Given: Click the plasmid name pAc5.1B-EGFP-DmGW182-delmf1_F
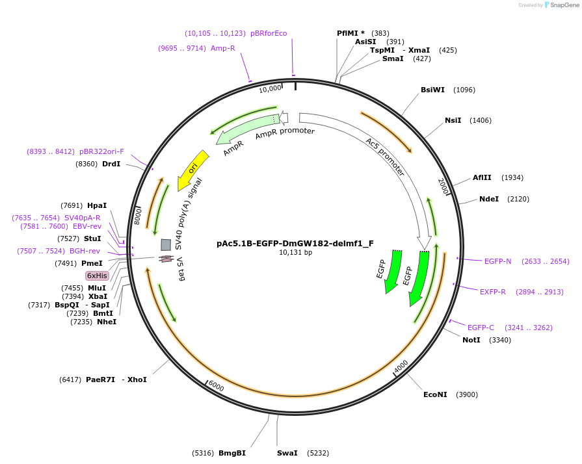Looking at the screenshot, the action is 295,244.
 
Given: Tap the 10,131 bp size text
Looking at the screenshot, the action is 295,253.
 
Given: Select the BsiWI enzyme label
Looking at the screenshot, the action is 433,90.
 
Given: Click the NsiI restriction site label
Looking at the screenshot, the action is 453,120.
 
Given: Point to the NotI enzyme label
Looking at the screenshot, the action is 471,340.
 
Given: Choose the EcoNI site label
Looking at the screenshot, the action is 436,394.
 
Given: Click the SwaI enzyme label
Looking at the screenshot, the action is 287,453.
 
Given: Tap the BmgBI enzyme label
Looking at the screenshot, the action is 232,453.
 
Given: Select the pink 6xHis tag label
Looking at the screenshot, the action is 98,276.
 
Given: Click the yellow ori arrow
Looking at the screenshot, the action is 193,167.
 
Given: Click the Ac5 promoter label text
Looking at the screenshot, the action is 385,157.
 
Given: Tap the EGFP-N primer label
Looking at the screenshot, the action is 497,261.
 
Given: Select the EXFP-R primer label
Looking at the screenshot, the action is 493,292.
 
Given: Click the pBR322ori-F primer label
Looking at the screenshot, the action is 101,151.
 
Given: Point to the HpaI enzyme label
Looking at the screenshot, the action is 97,205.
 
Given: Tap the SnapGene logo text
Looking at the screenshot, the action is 563,5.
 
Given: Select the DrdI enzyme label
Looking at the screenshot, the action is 111,164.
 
